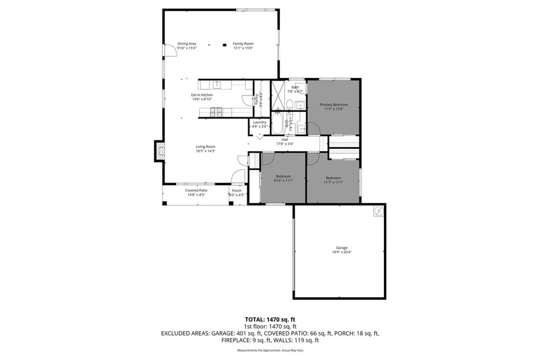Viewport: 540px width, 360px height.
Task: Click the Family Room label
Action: pyautogui.click(x=243, y=44)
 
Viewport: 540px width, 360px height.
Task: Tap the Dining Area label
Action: pyautogui.click(x=187, y=44)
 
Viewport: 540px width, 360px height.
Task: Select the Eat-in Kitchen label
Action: pyautogui.click(x=202, y=95)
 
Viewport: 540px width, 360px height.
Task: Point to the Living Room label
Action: pyautogui.click(x=205, y=147)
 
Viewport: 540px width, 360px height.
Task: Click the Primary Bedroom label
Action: pyautogui.click(x=333, y=105)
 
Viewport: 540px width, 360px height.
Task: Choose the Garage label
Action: pyautogui.click(x=341, y=248)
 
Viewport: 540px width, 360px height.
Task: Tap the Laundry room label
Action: pyautogui.click(x=259, y=122)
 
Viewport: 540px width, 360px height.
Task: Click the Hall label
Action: pyautogui.click(x=285, y=140)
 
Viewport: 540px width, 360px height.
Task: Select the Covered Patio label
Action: pyautogui.click(x=196, y=190)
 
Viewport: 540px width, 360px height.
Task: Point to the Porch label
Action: pyautogui.click(x=237, y=190)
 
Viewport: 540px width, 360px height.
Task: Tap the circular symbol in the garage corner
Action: pyautogui.click(x=379, y=212)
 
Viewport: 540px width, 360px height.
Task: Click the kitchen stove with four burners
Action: pyautogui.click(x=216, y=112)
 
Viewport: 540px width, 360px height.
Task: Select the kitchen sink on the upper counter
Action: pyautogui.click(x=216, y=84)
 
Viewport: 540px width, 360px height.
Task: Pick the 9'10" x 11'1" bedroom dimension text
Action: pyautogui.click(x=284, y=181)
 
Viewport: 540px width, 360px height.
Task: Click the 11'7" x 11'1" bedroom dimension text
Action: pyautogui.click(x=333, y=182)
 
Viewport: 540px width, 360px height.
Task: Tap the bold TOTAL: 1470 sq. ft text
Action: pyautogui.click(x=269, y=319)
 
